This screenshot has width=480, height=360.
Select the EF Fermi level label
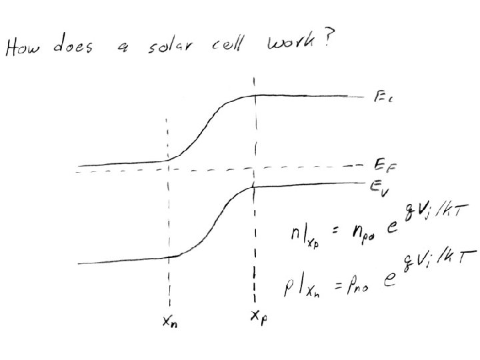point(378,163)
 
